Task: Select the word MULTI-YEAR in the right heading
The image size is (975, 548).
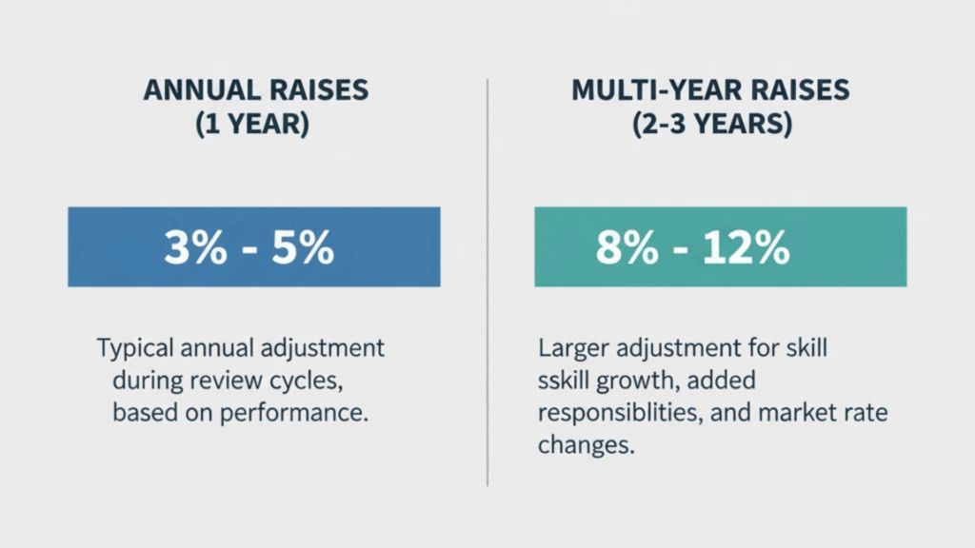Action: coord(648,91)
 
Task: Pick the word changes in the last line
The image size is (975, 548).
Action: coord(585,446)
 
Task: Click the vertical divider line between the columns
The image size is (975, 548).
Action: coord(487,285)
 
